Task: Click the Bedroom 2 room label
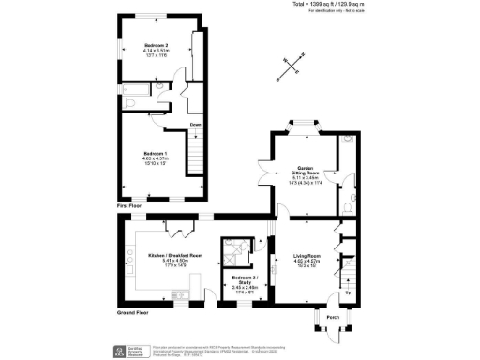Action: tap(156, 45)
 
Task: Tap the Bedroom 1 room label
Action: tap(156, 154)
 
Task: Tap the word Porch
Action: tap(332, 317)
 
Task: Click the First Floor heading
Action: tap(130, 203)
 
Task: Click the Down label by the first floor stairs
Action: tap(195, 124)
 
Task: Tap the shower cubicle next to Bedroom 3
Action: tap(232, 249)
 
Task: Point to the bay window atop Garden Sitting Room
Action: tap(305, 124)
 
